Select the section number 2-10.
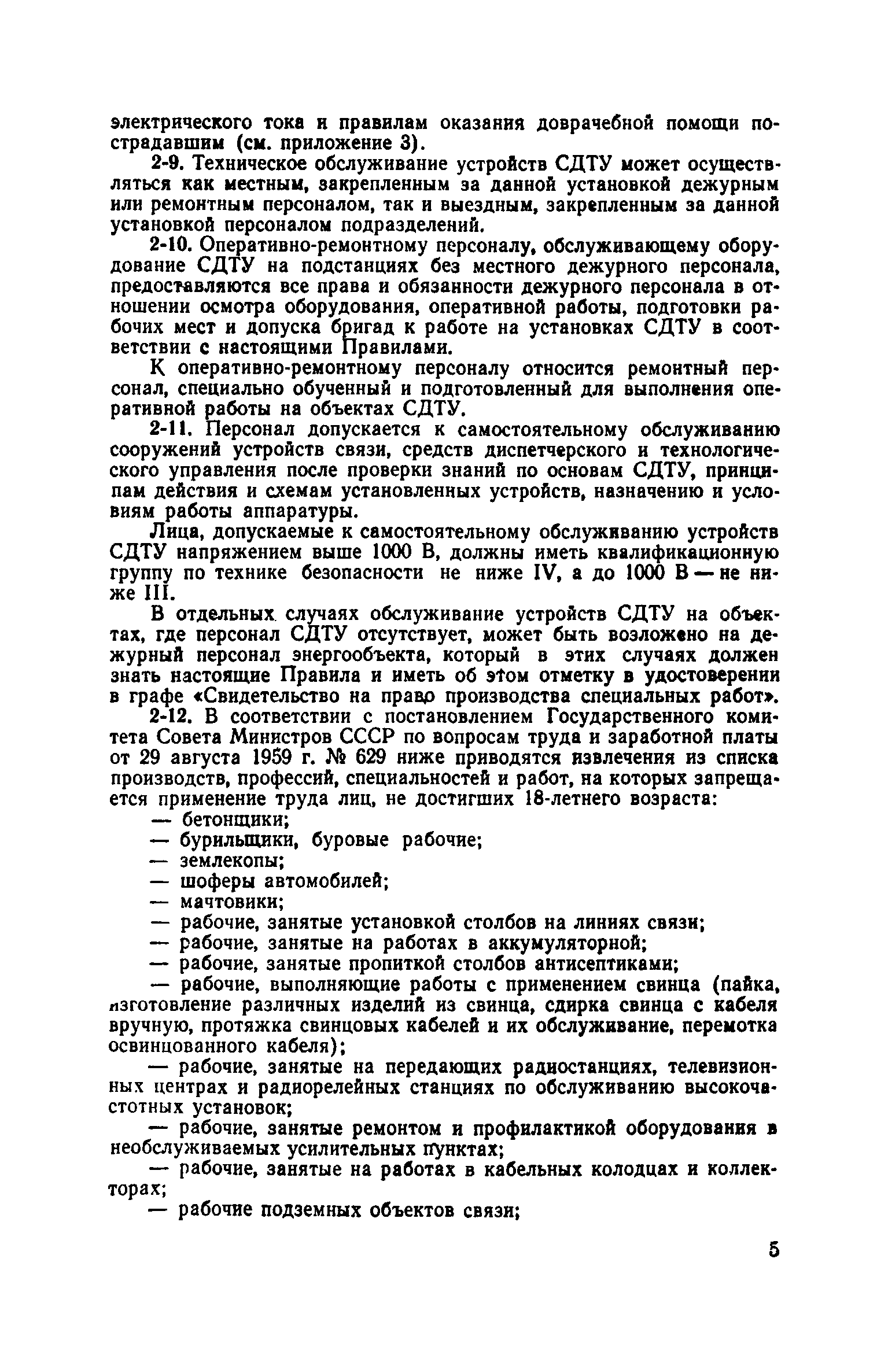pos(171,246)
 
